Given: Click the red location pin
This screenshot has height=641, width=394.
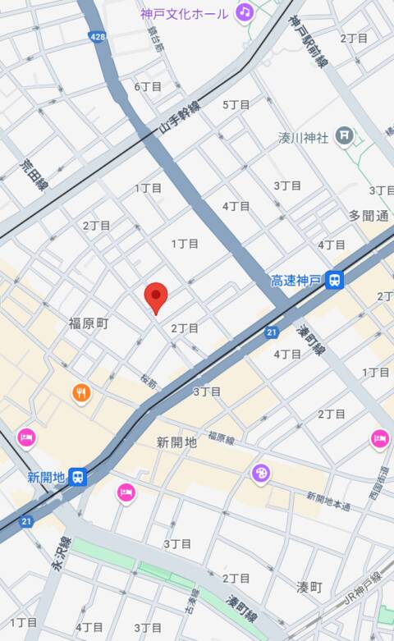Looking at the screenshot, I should [156, 297].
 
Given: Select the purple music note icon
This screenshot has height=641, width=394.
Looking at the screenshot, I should [244, 11].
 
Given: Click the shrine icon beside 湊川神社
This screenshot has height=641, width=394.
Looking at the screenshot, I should [346, 135].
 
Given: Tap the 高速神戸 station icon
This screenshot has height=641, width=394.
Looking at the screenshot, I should [333, 281].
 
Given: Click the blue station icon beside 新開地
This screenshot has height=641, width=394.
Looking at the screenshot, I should [77, 476].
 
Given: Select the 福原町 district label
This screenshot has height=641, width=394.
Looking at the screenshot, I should [89, 323].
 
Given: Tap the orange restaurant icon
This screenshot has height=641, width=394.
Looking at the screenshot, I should [80, 393].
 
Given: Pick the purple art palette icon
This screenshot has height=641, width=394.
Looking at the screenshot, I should [260, 474].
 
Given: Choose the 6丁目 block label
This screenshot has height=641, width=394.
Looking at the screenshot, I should [148, 86].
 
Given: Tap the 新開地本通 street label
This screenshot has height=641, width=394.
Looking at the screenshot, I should [328, 501].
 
